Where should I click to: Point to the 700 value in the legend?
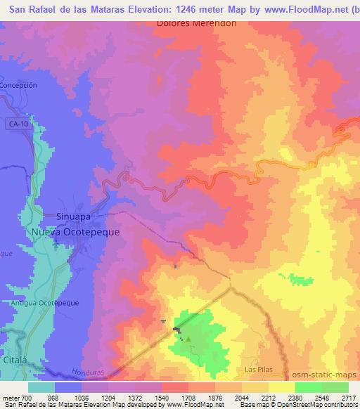tap(27, 398)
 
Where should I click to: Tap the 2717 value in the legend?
tap(349, 398)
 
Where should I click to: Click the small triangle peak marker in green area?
tap(188, 340)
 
